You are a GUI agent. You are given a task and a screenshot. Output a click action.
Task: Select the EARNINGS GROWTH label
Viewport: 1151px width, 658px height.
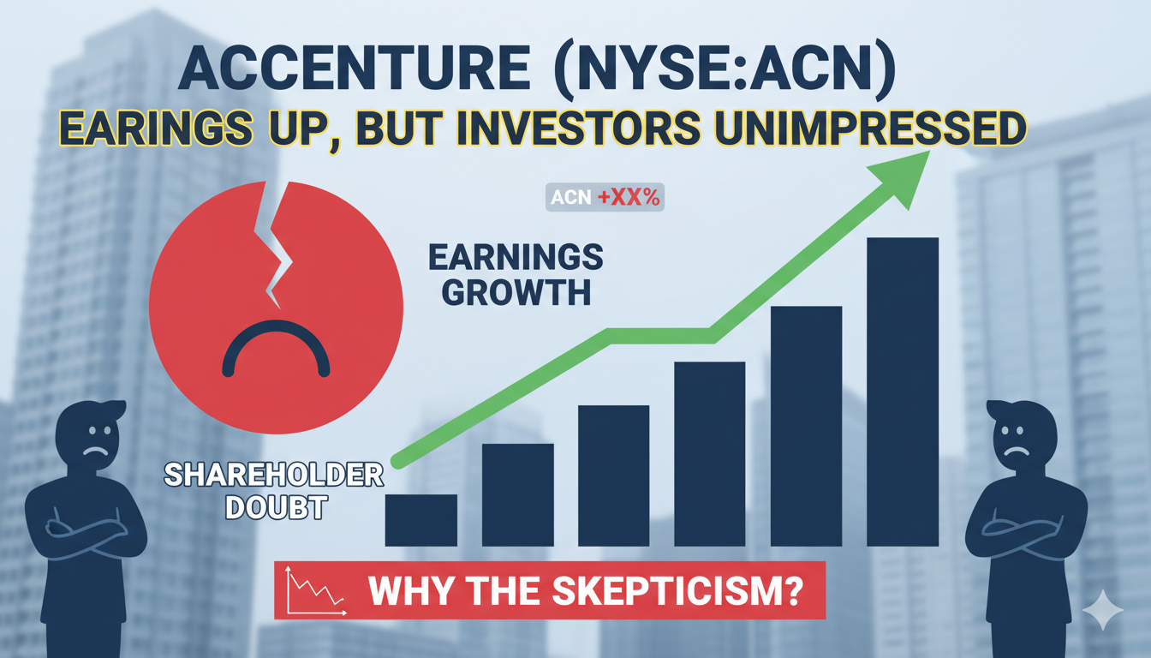pyautogui.click(x=516, y=275)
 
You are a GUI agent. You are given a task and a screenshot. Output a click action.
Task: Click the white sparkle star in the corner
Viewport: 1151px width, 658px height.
pyautogui.click(x=1102, y=611)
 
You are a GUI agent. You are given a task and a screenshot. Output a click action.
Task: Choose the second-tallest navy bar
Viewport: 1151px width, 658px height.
pyautogui.click(x=806, y=426)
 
